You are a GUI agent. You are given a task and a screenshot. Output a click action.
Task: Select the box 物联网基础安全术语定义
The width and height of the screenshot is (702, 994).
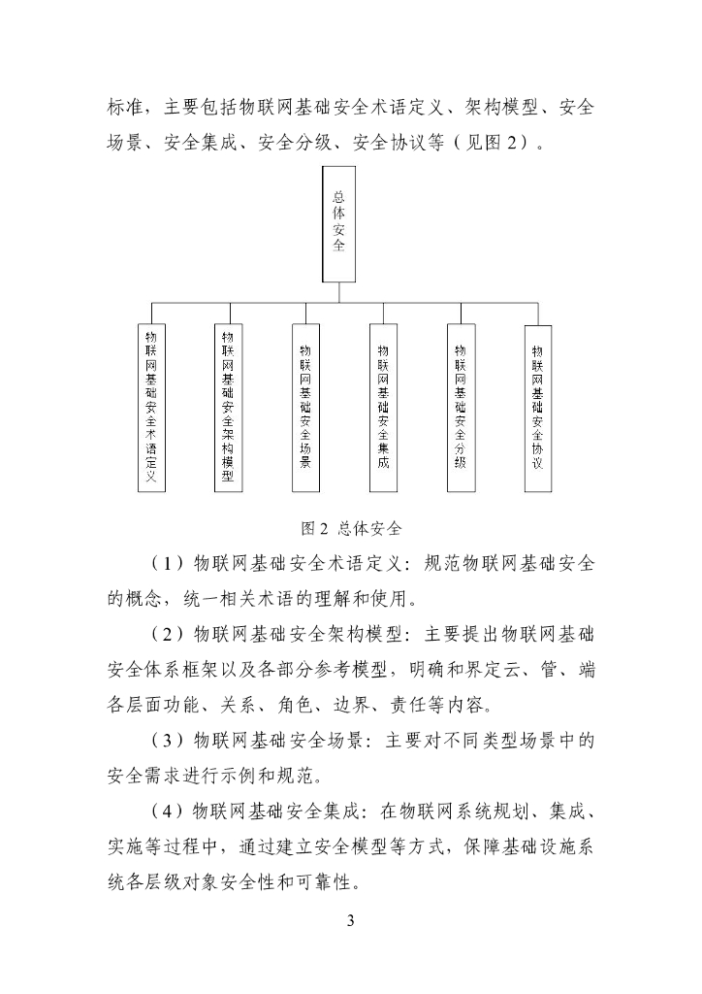[x=151, y=407]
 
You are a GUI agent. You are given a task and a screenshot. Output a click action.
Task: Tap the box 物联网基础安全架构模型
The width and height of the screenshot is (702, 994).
[x=228, y=407]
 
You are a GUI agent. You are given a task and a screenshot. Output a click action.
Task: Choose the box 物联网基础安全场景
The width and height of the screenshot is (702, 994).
[x=305, y=407]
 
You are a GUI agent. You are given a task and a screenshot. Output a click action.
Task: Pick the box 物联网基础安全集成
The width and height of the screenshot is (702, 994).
[x=382, y=407]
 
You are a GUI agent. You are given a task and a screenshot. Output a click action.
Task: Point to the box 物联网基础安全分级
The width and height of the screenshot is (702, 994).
[x=460, y=407]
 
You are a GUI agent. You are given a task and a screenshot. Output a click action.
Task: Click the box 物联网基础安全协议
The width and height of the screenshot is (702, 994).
[x=537, y=407]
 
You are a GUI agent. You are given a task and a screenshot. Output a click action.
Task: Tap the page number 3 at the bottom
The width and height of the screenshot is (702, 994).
[x=351, y=920]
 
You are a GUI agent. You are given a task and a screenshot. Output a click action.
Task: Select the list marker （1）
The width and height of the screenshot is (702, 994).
[x=169, y=564]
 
